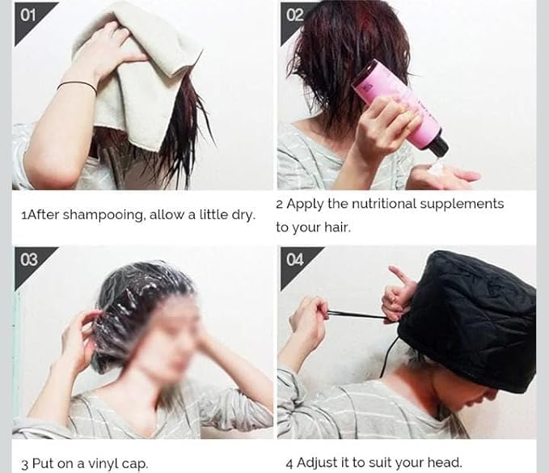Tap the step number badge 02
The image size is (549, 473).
click(x=294, y=15)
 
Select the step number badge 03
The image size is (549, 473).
click(x=29, y=260)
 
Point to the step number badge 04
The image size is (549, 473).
click(x=294, y=260)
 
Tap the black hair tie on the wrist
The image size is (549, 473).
click(x=76, y=85)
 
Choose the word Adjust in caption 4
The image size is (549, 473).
click(x=318, y=463)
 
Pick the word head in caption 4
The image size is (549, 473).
click(x=444, y=463)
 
